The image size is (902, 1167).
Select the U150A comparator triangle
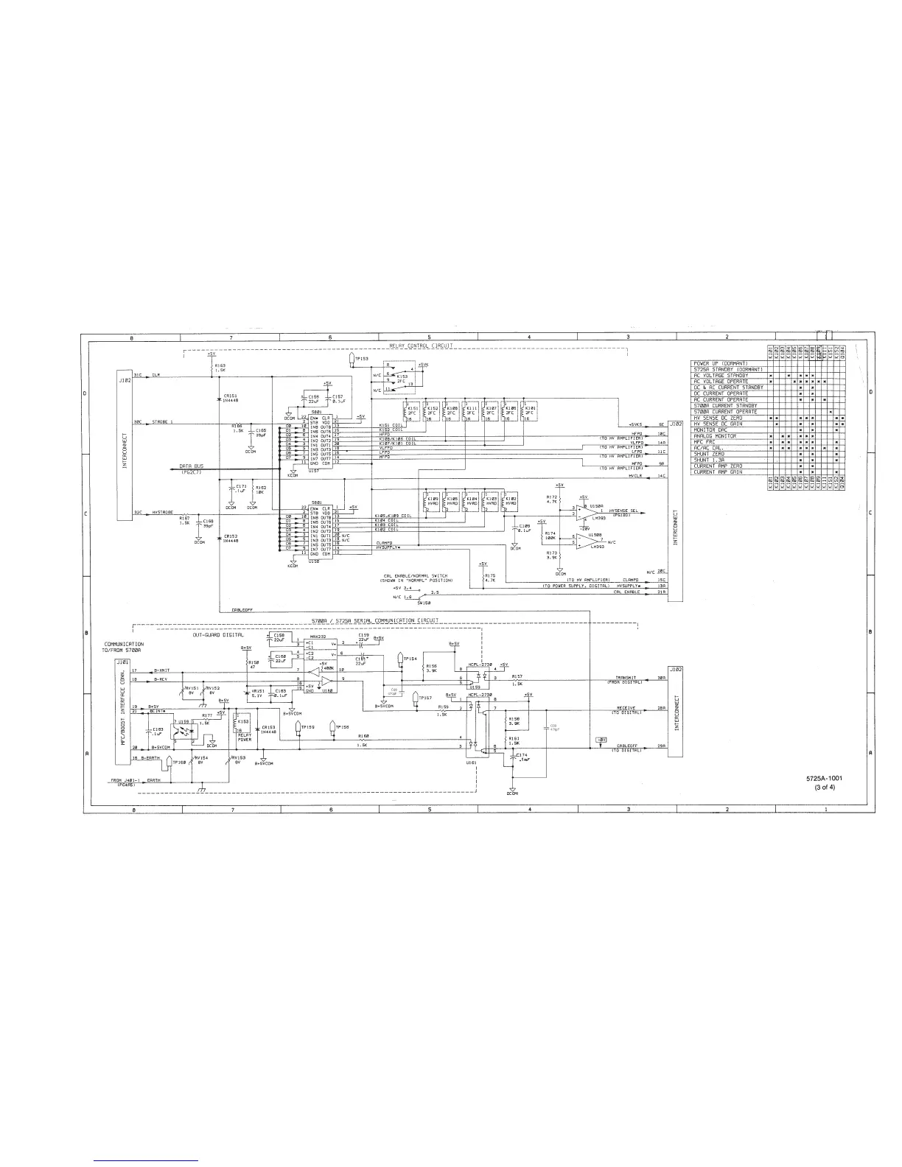tap(587, 510)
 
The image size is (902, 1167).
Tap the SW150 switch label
tap(423, 602)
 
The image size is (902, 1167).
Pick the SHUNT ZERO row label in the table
tap(709, 454)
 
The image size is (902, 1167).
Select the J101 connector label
tap(122, 662)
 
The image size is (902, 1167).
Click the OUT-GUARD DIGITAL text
tap(218, 634)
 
